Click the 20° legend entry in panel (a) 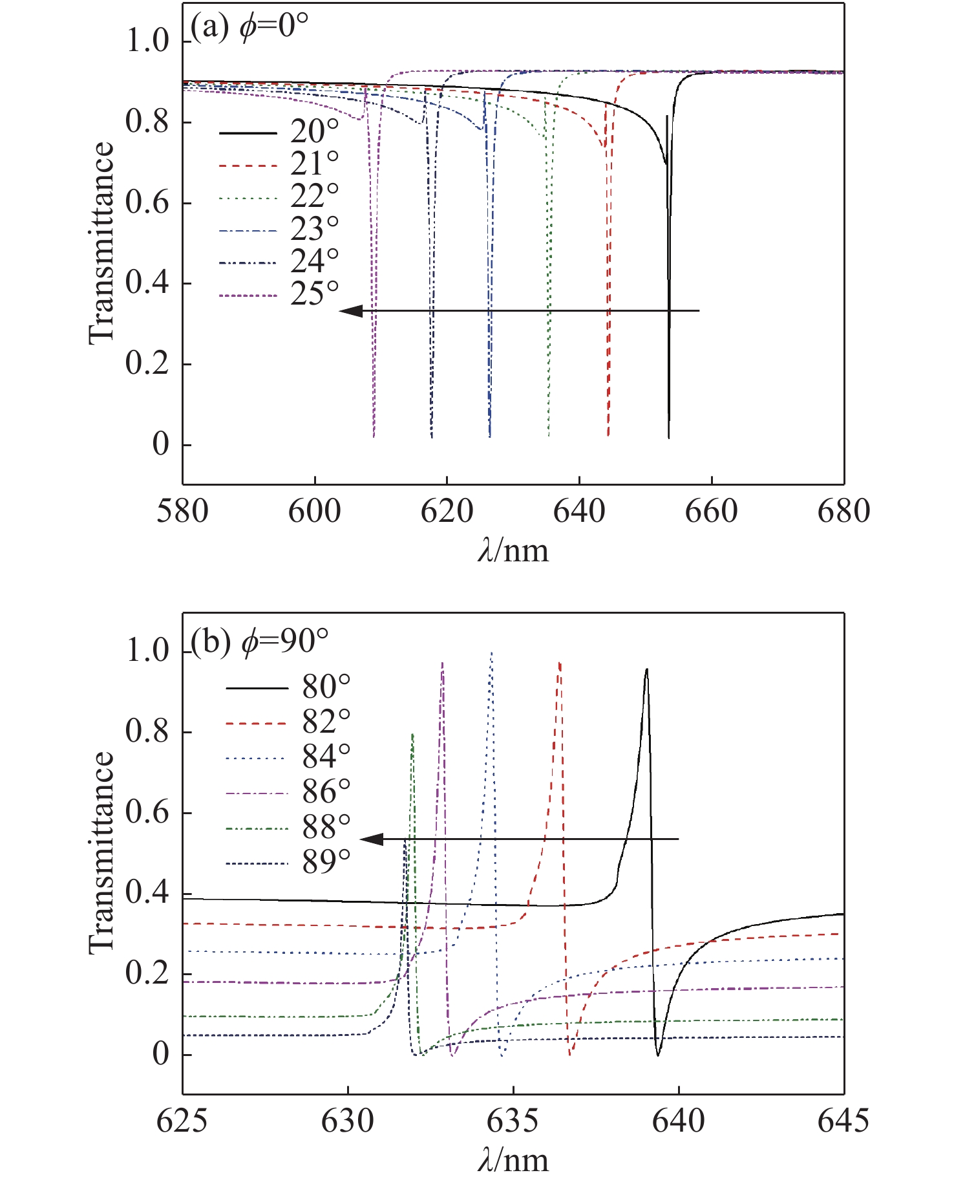coord(315,133)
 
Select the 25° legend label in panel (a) coord(315,294)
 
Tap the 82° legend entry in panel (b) coord(326,722)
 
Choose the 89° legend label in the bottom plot coord(326,862)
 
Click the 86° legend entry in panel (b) coord(326,792)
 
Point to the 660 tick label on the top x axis coord(711,512)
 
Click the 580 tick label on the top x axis coord(183,512)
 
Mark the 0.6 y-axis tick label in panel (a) coord(147,203)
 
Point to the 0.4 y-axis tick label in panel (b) coord(147,894)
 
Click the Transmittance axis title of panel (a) coord(101,243)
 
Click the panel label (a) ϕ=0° coord(249,29)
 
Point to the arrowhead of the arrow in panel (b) coord(371,839)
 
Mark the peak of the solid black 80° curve coord(646,670)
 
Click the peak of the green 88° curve coord(412,735)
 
